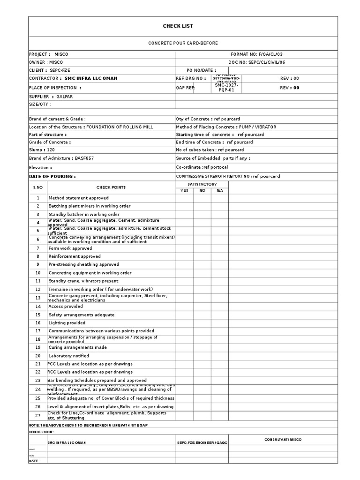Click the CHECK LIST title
pyautogui.click(x=178, y=26)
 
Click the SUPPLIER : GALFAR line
pyautogui.click(x=51, y=97)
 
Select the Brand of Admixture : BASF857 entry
pyautogui.click(x=61, y=158)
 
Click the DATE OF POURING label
pyautogui.click(x=52, y=177)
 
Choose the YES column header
pyautogui.click(x=184, y=190)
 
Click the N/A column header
pyautogui.click(x=220, y=190)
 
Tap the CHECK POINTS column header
pyautogui.click(x=111, y=187)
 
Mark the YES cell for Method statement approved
pyautogui.click(x=184, y=198)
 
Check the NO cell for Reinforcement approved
pyautogui.click(x=202, y=256)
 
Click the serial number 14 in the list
pyautogui.click(x=38, y=306)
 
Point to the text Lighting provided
pyautogui.click(x=67, y=323)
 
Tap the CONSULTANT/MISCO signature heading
pyautogui.click(x=283, y=440)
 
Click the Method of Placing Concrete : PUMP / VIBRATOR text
pyautogui.click(x=226, y=127)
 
